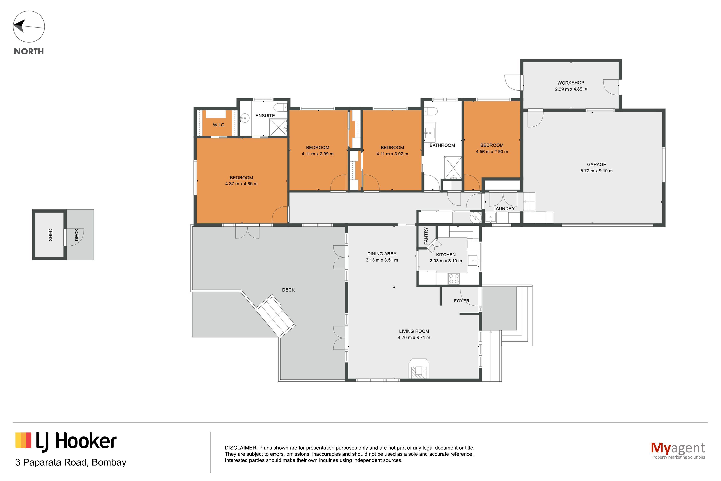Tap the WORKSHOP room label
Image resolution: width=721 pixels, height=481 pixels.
point(571,83)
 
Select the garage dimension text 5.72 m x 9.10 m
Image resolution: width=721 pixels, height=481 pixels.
point(596,171)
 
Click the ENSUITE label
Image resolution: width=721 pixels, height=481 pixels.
point(265,116)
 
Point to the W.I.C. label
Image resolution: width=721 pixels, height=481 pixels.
point(219,125)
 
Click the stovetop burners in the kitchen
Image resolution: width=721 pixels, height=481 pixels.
point(454,279)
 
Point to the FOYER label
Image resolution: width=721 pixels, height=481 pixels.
point(461,301)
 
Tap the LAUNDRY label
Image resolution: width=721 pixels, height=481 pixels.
point(504,209)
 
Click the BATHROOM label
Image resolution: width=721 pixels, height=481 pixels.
point(442,145)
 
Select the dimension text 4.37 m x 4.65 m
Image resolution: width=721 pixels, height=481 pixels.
point(241,184)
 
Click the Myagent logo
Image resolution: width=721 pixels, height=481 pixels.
point(678,450)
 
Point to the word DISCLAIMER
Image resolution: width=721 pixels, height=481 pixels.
point(241,448)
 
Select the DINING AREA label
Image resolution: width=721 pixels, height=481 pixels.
point(382,254)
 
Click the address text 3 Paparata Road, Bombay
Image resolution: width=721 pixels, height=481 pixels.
point(71,462)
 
